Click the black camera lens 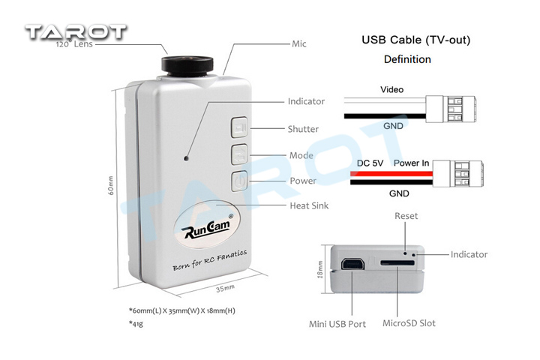coord(187,65)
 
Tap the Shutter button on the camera coord(239,127)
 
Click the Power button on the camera coord(239,181)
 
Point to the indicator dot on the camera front coord(186,158)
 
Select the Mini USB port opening coord(352,264)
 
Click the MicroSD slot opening coord(397,263)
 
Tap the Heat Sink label coord(309,205)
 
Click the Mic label coord(299,43)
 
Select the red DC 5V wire coord(391,174)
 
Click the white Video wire coord(385,100)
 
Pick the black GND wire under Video coord(385,116)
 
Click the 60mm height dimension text coord(111,186)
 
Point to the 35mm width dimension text coord(225,288)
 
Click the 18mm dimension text coord(319,269)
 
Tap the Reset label coord(406,216)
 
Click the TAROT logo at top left coord(76,32)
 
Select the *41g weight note coord(136,323)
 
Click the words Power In coord(411,163)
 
